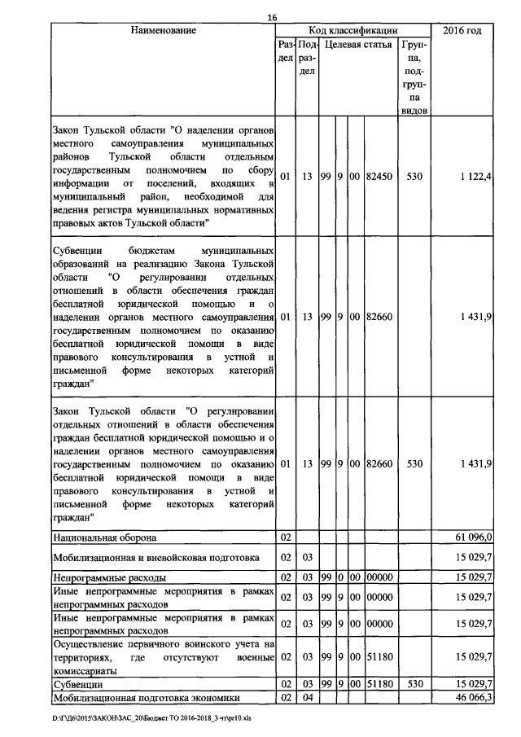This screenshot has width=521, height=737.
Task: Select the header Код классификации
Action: pyautogui.click(x=353, y=31)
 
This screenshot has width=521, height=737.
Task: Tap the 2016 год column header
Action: pyautogui.click(x=462, y=31)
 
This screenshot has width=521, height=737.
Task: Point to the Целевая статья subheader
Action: pyautogui.click(x=358, y=45)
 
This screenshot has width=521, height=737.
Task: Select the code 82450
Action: pyautogui.click(x=379, y=176)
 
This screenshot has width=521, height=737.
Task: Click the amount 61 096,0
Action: pyautogui.click(x=472, y=537)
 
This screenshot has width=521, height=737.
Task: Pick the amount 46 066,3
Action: pyautogui.click(x=472, y=698)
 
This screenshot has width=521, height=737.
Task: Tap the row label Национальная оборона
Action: pyautogui.click(x=105, y=537)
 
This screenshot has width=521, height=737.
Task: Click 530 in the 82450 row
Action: pyautogui.click(x=414, y=176)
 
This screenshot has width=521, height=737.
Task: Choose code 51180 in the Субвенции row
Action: pyautogui.click(x=379, y=685)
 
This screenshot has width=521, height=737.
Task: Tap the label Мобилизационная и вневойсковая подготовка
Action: pyautogui.click(x=155, y=558)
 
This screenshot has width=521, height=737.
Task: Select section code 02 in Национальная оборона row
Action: pyautogui.click(x=285, y=537)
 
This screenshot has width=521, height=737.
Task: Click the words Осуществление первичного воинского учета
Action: pyautogui.click(x=155, y=643)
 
